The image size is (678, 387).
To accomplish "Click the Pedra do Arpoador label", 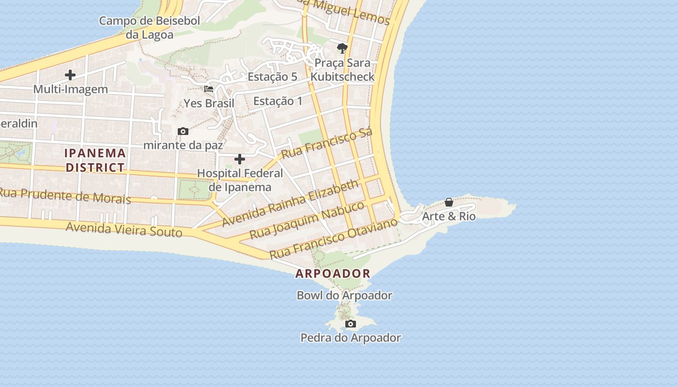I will [x=351, y=338].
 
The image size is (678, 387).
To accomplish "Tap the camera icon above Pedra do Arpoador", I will [x=351, y=324].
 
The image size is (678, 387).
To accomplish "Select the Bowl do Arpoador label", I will [x=344, y=295].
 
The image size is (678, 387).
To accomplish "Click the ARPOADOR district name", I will [x=333, y=273].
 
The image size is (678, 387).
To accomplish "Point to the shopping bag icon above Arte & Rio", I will [x=449, y=202].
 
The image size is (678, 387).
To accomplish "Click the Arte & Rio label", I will [x=449, y=216].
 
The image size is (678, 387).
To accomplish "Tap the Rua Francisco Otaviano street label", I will [x=334, y=238].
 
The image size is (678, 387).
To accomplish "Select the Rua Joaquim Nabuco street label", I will [x=307, y=220].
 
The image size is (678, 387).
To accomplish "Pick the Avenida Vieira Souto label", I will [x=124, y=229].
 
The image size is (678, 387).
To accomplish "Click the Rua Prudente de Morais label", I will [x=65, y=195].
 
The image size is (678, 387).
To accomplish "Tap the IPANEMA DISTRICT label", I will [x=95, y=160].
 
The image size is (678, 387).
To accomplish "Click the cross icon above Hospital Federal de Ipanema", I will [x=240, y=159].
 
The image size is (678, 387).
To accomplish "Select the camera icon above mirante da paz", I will [x=183, y=131].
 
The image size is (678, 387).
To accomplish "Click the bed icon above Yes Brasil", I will [x=209, y=89].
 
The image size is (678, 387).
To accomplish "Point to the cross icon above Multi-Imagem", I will [x=70, y=75].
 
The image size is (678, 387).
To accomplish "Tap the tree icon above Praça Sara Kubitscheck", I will [x=342, y=48].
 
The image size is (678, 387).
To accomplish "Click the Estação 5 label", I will [x=272, y=76].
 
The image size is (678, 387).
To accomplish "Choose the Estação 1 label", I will [x=278, y=101].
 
